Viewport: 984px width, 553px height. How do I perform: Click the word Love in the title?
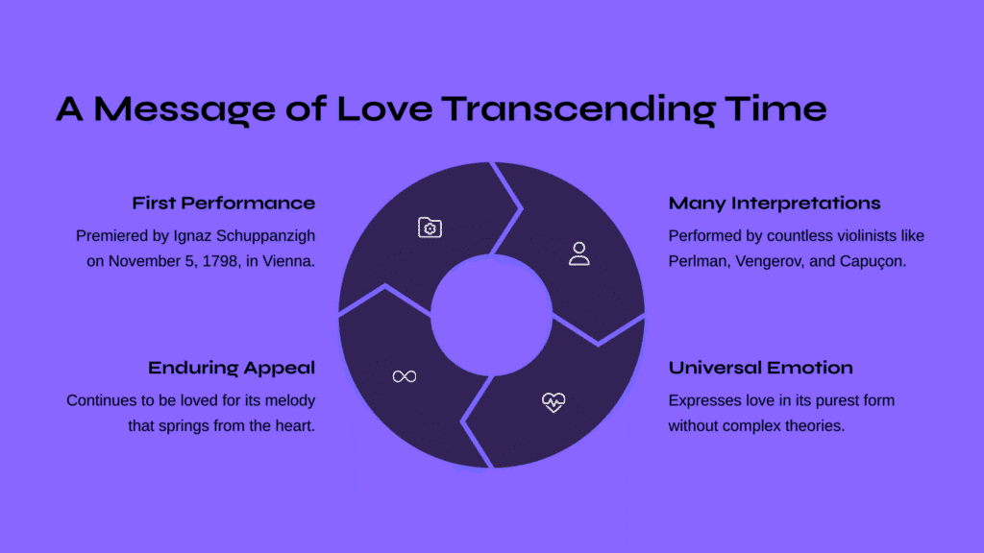[x=384, y=108]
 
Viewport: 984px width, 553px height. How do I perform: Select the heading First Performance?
[x=223, y=204]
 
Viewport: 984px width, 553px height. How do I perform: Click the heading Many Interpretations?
[x=775, y=204]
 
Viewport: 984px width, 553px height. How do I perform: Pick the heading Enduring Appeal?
[x=232, y=368]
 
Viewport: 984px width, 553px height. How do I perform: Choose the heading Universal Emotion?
[x=761, y=368]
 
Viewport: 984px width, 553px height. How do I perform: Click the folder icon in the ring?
[x=430, y=228]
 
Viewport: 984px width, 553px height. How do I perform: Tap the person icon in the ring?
[x=579, y=253]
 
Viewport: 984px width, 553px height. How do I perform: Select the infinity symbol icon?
[x=405, y=376]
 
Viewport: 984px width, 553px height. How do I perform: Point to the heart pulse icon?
[x=553, y=402]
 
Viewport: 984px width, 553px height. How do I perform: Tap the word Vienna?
[x=288, y=261]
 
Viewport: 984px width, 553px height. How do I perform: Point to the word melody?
[x=290, y=400]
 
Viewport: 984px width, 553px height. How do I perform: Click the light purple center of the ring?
[x=491, y=315]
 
